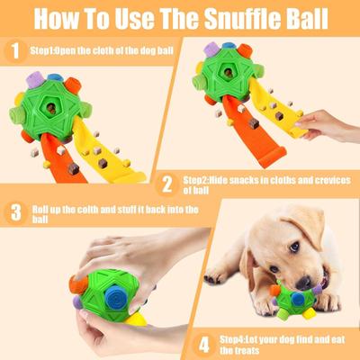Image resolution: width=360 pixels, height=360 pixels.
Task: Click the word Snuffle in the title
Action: [x=237, y=20]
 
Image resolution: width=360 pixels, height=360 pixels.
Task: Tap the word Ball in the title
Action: [x=304, y=20]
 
